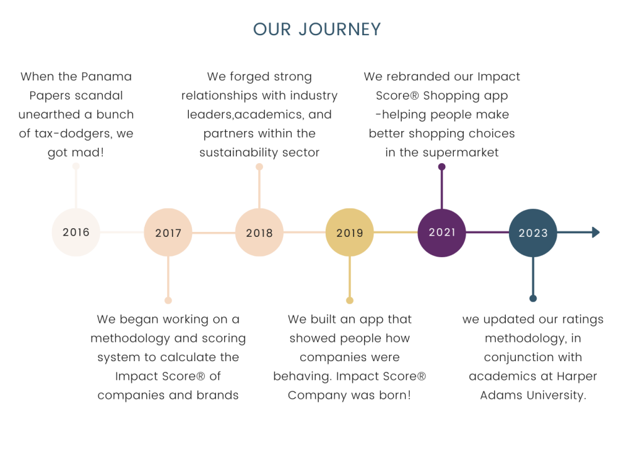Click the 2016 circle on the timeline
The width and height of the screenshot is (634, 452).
76,232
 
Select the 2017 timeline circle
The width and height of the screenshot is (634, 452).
168,232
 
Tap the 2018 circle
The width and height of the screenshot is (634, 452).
259,232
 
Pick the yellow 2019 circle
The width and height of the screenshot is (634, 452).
350,232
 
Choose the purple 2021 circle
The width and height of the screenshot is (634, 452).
441,232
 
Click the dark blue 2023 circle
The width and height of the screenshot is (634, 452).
533,232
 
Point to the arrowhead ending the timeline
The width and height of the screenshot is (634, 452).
596,232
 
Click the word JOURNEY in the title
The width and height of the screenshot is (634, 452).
340,30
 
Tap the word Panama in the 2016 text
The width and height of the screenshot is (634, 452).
106,76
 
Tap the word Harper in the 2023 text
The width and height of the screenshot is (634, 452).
576,377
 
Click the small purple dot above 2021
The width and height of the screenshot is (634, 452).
441,166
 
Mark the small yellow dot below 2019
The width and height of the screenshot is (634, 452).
350,300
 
